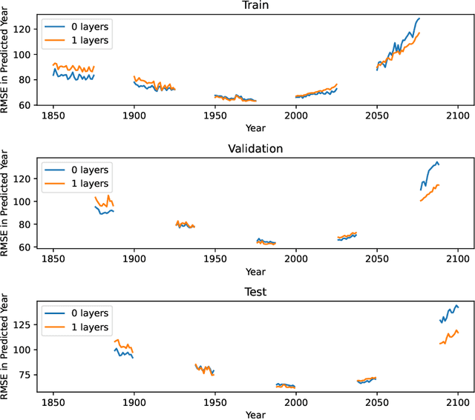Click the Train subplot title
click(x=255, y=5)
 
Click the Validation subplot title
click(x=255, y=148)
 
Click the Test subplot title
click(x=255, y=292)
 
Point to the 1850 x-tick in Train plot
click(x=53, y=116)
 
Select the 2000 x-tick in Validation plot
click(x=296, y=259)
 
